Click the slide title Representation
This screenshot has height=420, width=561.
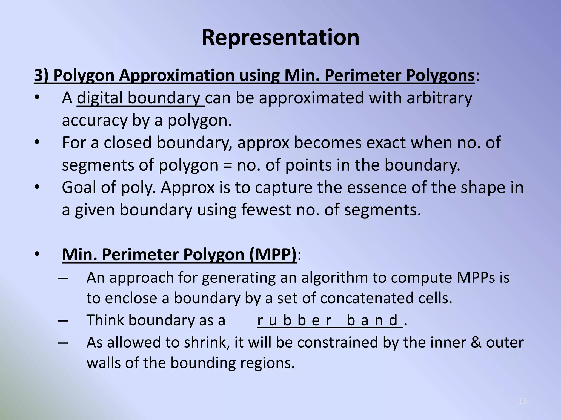coord(280,37)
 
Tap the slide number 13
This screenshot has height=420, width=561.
coord(522,401)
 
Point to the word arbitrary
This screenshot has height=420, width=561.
coord(439,98)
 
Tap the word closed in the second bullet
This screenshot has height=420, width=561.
coord(127,142)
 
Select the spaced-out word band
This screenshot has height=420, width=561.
coord(372,320)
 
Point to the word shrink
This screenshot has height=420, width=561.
coord(207,342)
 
